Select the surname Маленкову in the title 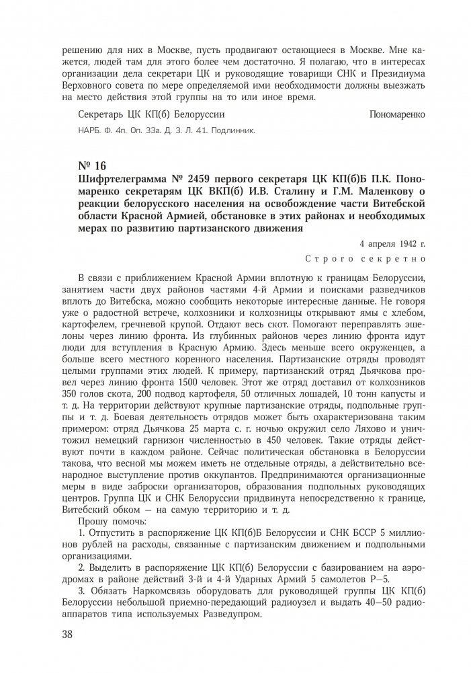356,194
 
